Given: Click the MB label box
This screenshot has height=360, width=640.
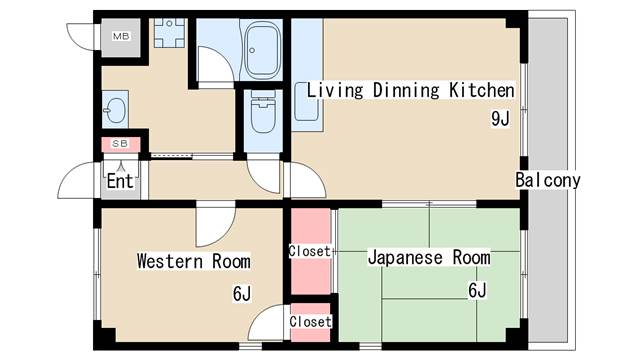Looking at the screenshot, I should (120, 37).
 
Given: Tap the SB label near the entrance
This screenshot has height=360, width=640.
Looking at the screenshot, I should (120, 144).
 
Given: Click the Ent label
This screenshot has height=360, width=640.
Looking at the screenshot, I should (120, 181).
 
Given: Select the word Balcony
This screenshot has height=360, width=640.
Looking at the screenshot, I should (548, 181).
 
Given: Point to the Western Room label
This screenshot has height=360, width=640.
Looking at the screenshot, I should (193, 262).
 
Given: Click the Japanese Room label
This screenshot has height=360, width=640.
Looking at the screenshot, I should (429, 258).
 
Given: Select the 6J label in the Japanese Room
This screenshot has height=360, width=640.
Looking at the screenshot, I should (477, 291).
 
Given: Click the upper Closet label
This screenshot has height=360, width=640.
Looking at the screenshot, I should (309, 251).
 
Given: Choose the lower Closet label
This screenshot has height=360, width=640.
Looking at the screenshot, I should (310, 322).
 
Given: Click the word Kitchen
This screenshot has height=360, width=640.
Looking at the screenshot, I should (482, 90).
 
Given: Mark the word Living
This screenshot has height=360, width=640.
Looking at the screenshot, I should (332, 90).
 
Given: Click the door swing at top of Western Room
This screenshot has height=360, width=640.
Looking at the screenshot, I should (214, 222).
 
